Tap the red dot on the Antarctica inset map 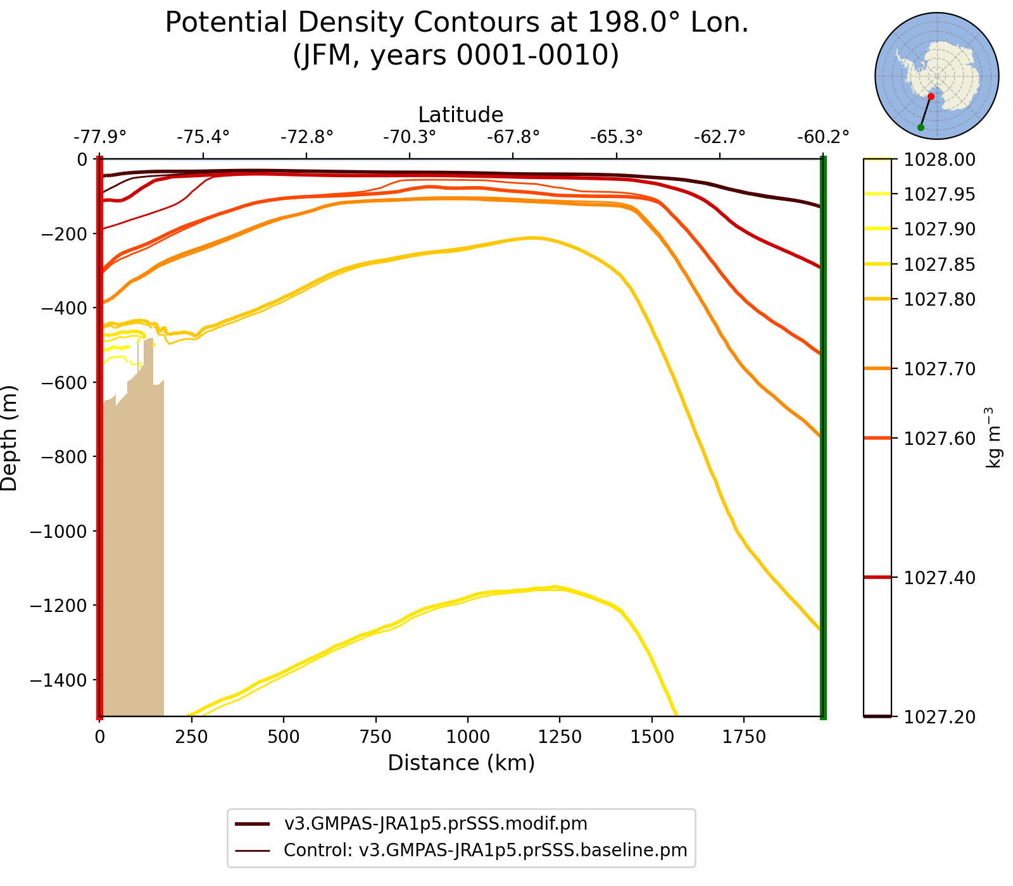931,96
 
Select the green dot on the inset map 921,128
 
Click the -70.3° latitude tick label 410,137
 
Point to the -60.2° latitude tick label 822,137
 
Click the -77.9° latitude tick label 100,137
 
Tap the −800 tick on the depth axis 59,457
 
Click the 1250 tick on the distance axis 560,737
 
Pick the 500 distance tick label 284,737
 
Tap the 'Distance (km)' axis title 461,763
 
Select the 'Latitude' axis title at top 461,115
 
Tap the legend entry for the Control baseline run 485,850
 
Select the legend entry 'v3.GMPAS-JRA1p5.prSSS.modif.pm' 436,823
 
